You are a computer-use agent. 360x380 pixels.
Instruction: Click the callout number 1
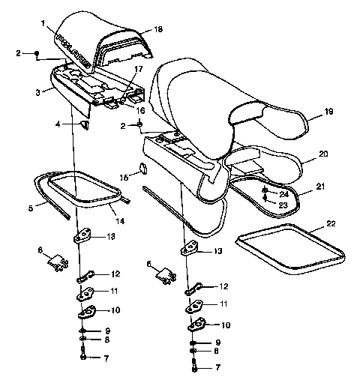[x=44, y=24]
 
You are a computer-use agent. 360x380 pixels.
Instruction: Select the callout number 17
[x=138, y=69]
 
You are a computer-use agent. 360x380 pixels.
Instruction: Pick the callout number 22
[x=331, y=223]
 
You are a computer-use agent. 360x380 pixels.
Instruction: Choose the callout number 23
[x=282, y=204]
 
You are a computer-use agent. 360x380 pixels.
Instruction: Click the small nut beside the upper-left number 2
[x=37, y=53]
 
